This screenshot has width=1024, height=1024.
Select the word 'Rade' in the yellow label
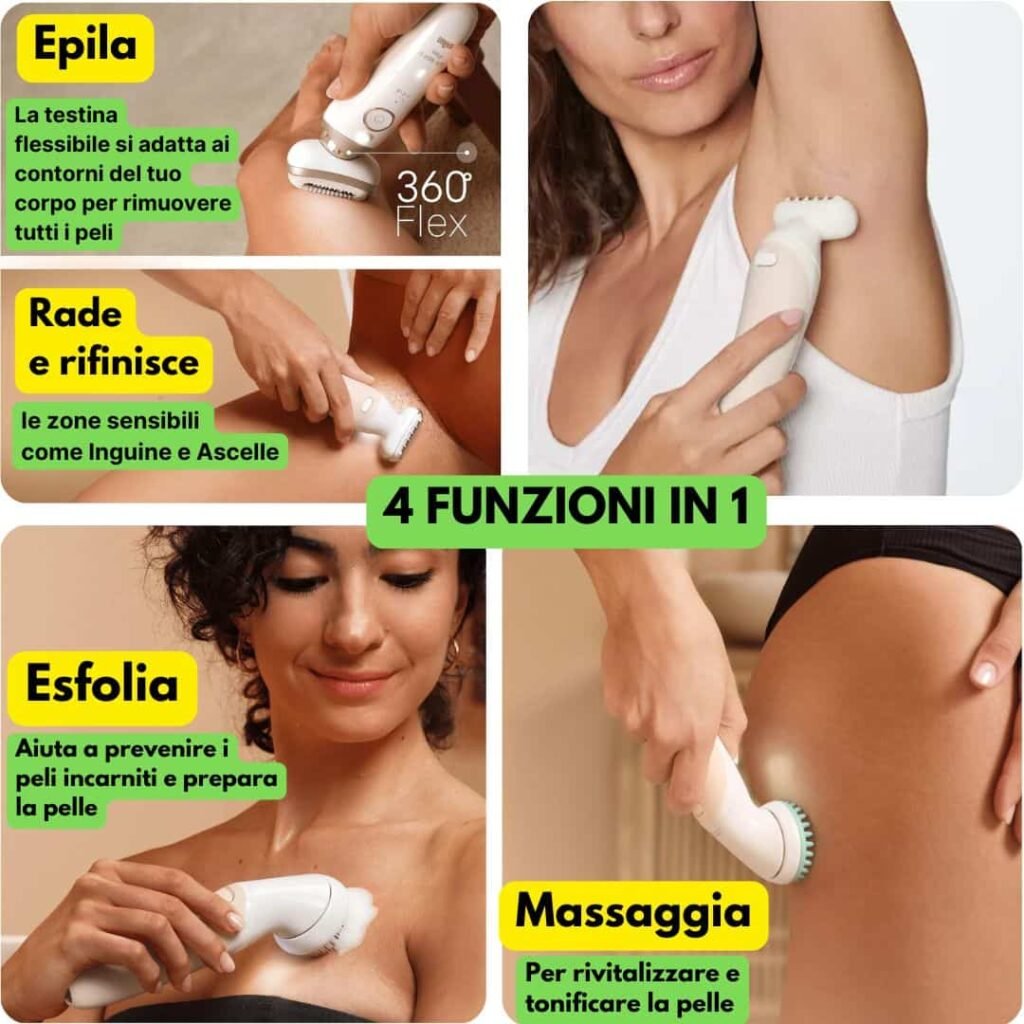click(x=75, y=312)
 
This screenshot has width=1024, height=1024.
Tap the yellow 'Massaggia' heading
click(x=633, y=913)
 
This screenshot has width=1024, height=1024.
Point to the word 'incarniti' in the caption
click(x=102, y=778)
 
